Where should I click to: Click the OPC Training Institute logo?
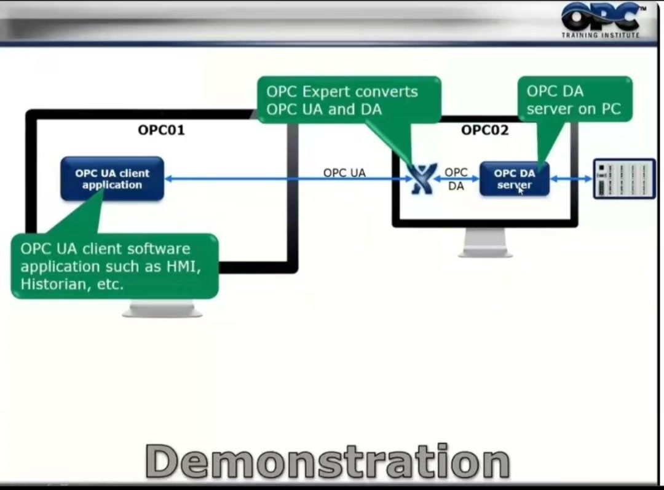(600, 19)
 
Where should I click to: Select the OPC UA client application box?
(112, 179)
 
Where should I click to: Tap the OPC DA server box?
(514, 179)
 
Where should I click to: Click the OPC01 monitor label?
(161, 130)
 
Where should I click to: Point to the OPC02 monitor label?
(485, 130)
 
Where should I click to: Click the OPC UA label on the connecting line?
(344, 173)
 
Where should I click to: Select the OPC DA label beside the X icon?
(456, 179)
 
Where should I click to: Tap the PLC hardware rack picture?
(624, 179)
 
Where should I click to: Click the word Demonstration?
(328, 462)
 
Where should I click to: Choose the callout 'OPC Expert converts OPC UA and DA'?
(348, 100)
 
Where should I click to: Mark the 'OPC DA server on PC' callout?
(574, 100)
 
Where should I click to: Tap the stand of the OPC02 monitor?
(485, 243)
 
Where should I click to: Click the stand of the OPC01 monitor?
(162, 307)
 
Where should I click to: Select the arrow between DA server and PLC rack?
(571, 179)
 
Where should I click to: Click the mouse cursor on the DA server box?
(521, 189)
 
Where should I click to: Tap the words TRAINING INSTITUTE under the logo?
(600, 35)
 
